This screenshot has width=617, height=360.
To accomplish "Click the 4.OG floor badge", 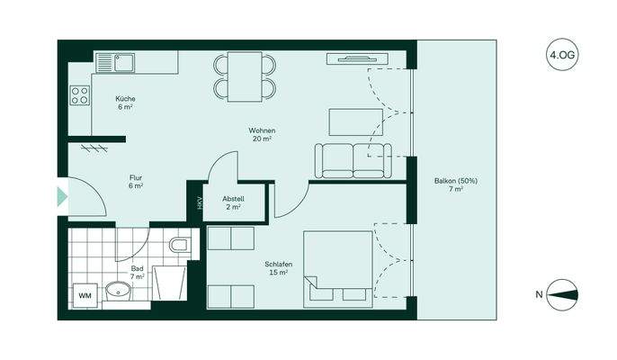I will pos(561,55).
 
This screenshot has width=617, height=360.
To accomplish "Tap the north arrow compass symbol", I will pos(562,294).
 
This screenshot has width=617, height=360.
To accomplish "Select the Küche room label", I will pos(125,102).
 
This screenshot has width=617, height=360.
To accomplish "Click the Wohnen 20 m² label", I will pos(263,135).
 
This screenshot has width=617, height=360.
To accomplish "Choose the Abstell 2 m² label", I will pos(233,202).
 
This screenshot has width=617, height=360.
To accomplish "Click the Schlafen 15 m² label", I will pos(278,267).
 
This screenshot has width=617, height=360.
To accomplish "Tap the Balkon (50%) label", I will pos(456,185).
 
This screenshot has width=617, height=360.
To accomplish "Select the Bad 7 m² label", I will pos(137,273).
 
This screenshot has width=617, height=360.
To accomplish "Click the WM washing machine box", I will pos(85,295).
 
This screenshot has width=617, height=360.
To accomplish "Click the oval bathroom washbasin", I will pos(118,291).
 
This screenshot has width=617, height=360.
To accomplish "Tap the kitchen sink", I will pos(116,63).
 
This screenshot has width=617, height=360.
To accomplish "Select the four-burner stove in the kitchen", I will pos(79,94).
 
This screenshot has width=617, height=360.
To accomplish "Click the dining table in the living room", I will pos(244,75).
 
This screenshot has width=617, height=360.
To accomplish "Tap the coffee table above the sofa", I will pos(351,121).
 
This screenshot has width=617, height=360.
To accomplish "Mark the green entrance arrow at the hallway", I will pos(62,195).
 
